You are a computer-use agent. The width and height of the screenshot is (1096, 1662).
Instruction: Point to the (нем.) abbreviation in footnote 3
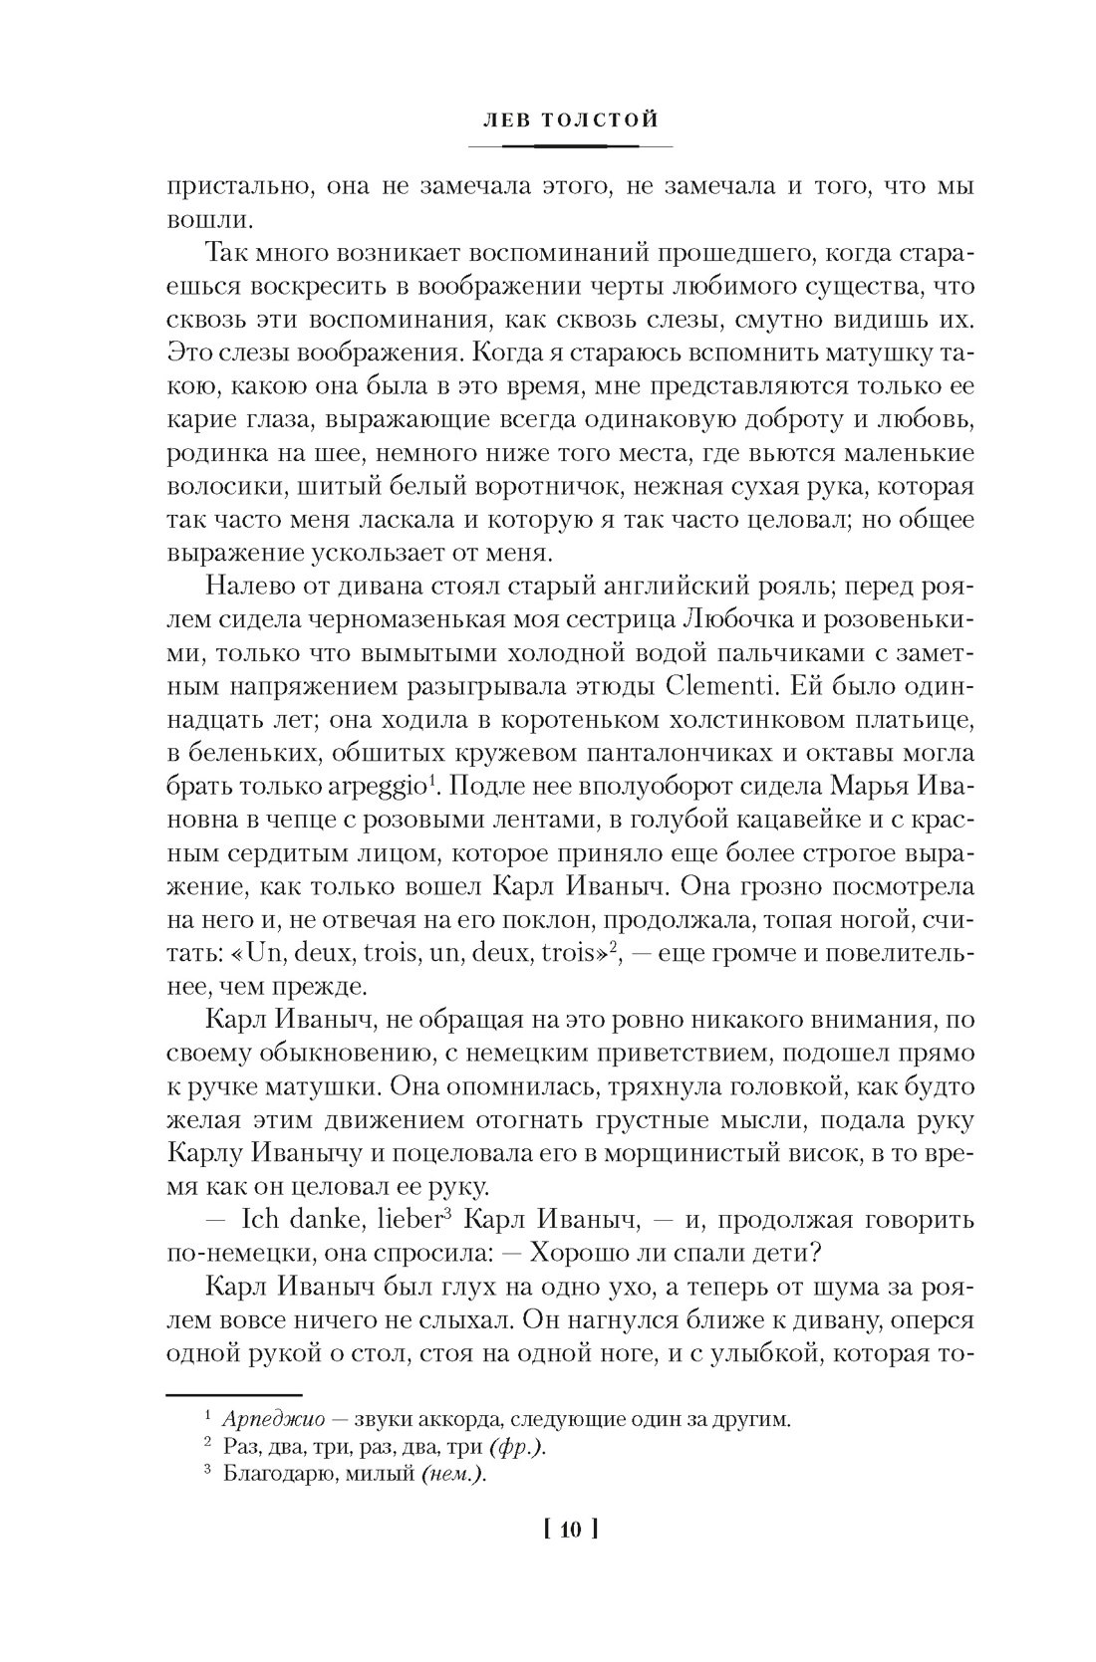444,1477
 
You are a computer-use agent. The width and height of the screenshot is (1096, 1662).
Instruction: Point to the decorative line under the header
570,146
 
